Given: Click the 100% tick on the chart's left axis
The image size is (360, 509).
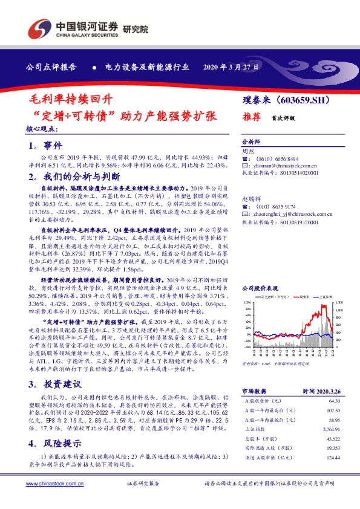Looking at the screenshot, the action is [x=246, y=302].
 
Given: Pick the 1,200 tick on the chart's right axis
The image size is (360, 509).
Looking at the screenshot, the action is [x=339, y=302].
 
